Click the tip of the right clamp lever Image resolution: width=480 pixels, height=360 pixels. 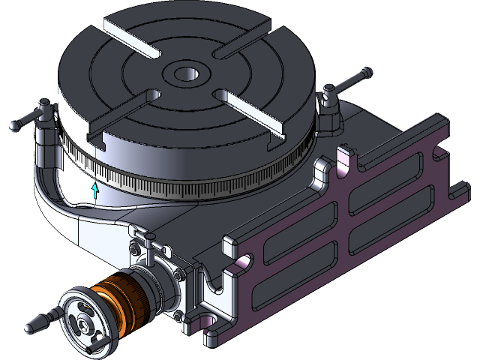pyautogui.click(x=366, y=73)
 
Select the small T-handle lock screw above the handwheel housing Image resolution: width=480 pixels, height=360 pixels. pyautogui.click(x=150, y=241)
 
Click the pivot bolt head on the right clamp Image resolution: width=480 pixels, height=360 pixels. pyautogui.click(x=328, y=95)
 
